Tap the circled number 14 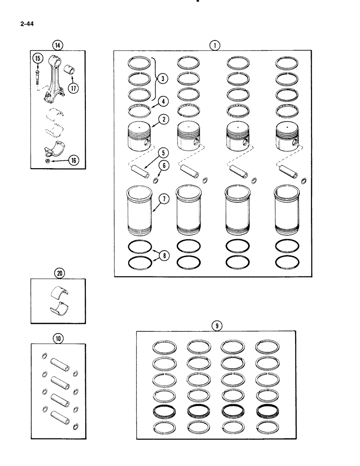tap(57, 45)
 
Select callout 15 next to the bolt tap(37, 58)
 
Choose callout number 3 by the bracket tap(161, 79)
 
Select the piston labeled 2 tap(139, 136)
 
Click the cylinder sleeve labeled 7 tap(140, 211)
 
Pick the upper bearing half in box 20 tap(58, 291)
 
